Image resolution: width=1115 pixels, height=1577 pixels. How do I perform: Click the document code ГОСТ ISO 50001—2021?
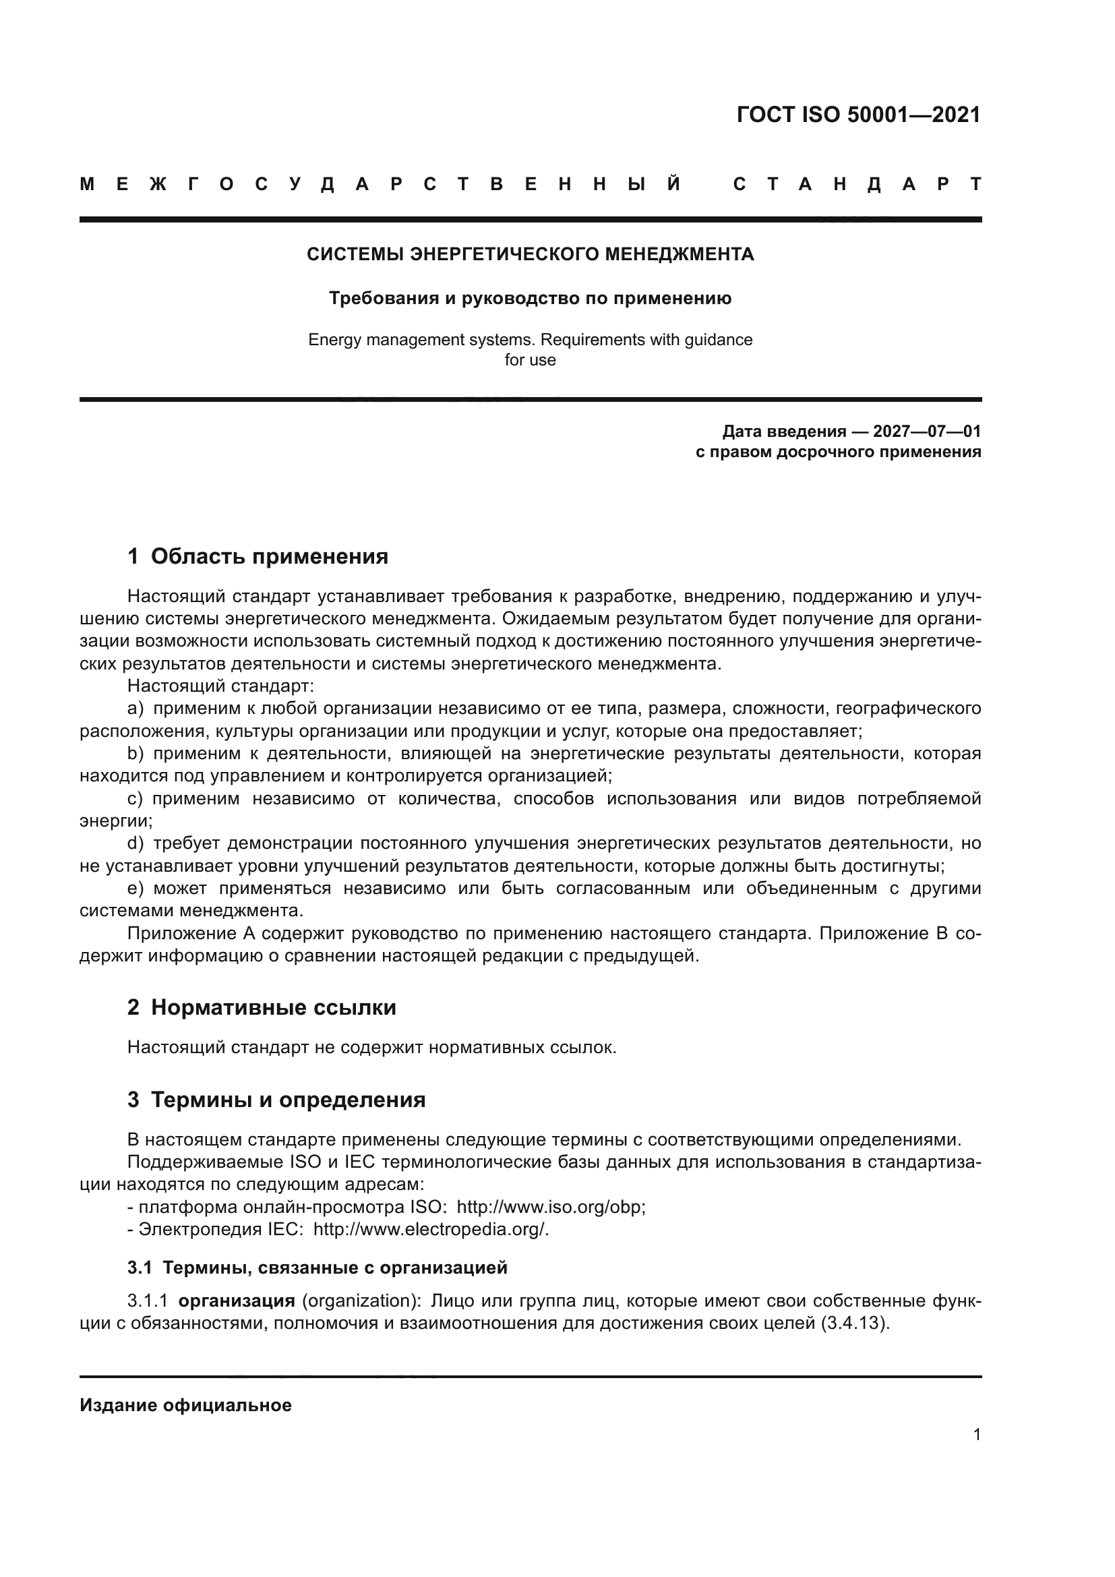(858, 115)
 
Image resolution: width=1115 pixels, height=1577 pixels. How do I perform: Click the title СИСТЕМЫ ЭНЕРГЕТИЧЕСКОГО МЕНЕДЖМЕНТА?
(530, 255)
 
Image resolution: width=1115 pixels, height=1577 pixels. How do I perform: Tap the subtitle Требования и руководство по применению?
(530, 298)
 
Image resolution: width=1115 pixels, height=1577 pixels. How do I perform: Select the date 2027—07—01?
(927, 432)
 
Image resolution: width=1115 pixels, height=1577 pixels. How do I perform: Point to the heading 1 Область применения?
(258, 556)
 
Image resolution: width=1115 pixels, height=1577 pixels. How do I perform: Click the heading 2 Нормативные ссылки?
(262, 1007)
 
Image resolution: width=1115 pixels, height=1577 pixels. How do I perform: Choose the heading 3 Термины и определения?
(276, 1100)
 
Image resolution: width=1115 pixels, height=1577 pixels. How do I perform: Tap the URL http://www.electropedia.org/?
(431, 1229)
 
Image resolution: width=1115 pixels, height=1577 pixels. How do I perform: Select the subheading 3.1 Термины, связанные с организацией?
(318, 1268)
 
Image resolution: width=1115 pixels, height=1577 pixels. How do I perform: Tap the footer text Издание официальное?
(185, 1405)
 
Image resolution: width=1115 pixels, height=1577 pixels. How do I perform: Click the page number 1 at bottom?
(977, 1434)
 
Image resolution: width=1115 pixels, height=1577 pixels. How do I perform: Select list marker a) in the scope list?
(135, 708)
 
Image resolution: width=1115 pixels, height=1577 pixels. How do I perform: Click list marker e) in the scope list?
(135, 889)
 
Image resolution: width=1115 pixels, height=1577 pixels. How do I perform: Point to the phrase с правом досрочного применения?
(838, 452)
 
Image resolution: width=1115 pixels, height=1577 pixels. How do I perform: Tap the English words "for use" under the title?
(530, 360)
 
